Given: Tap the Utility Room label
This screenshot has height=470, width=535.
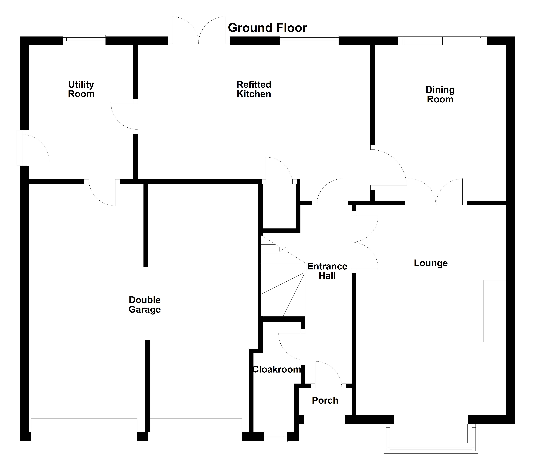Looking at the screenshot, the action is tap(81, 89).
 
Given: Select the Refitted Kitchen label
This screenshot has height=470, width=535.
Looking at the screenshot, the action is tap(254, 89).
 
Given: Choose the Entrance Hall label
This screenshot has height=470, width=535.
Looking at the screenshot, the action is tap(327, 271).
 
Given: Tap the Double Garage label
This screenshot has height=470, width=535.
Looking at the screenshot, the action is tap(145, 305).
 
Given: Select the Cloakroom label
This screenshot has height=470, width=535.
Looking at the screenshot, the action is tap(277, 369).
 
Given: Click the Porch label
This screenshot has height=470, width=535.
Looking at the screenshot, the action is tap(325, 400).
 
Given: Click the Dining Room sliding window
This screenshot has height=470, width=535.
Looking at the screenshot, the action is tap(442, 41).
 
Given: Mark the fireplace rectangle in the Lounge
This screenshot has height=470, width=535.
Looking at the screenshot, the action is tap(494, 311).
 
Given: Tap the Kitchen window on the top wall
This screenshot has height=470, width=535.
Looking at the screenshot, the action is tap(309, 40).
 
